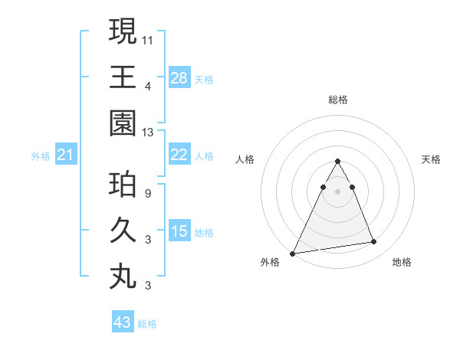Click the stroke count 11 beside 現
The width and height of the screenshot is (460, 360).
(148, 39)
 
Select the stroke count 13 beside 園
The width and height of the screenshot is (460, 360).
(148, 132)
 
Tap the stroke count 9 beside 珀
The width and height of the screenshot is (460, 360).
(148, 193)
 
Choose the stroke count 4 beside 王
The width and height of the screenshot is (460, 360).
(148, 85)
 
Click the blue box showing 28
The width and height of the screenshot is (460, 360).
(179, 77)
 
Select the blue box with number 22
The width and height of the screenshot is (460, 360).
(179, 155)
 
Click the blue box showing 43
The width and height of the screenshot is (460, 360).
(123, 322)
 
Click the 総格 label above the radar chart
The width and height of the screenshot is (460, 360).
(337, 100)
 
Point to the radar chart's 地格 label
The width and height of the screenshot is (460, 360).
(402, 262)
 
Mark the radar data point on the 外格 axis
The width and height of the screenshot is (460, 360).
(293, 253)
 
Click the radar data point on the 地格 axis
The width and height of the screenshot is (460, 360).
(374, 242)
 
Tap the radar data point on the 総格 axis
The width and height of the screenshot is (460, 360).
(337, 162)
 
